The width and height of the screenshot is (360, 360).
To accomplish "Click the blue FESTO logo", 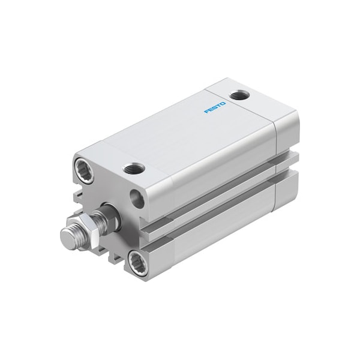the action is [215, 107].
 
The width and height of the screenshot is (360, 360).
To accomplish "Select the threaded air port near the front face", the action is [134, 169].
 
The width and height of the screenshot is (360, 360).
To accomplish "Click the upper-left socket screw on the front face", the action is [84, 170].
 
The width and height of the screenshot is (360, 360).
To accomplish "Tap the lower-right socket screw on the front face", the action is [137, 262].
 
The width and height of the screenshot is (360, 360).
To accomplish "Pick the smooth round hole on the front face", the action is [137, 199].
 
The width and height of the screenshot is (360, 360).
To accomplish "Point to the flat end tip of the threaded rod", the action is [67, 237].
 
